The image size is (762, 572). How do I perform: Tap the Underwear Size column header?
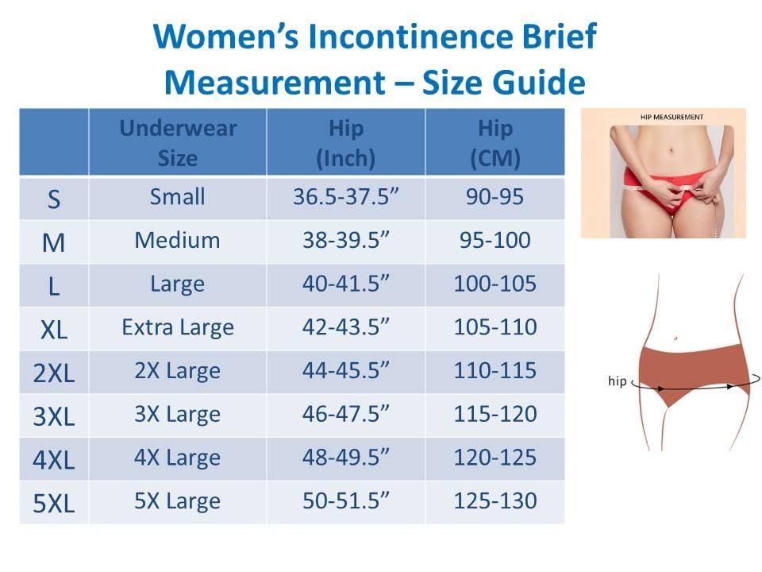pyautogui.click(x=178, y=143)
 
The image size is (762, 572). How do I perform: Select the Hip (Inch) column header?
pyautogui.click(x=345, y=143)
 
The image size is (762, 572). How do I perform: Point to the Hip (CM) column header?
pyautogui.click(x=495, y=143)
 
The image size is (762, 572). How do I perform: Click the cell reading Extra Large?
pyautogui.click(x=178, y=327)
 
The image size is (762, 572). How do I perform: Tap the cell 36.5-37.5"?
pyautogui.click(x=345, y=197)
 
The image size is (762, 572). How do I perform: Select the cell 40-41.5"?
pyautogui.click(x=345, y=284)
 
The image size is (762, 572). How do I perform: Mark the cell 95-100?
pyautogui.click(x=495, y=240)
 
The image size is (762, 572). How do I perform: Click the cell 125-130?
pyautogui.click(x=495, y=501)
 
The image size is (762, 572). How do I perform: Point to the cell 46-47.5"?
pyautogui.click(x=345, y=414)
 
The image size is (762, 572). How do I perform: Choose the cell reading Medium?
pyautogui.click(x=178, y=240)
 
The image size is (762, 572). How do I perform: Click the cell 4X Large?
pyautogui.click(x=178, y=458)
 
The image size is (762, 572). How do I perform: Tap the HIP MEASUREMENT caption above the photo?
pyautogui.click(x=672, y=117)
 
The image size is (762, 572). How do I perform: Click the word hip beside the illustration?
pyautogui.click(x=617, y=381)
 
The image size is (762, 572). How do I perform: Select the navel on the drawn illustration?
pyautogui.click(x=675, y=338)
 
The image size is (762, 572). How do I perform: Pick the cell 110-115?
pyautogui.click(x=495, y=371)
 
